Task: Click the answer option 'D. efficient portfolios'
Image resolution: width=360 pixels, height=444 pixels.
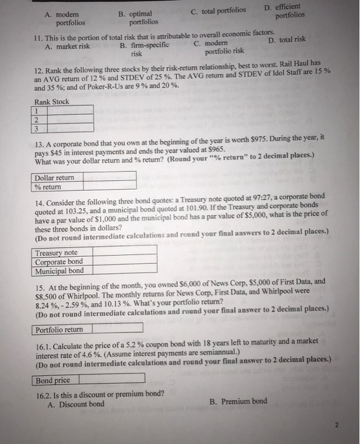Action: coord(291,10)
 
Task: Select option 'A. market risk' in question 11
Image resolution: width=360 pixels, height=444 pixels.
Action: coord(67,46)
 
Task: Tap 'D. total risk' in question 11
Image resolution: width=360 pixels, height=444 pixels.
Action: coord(287,39)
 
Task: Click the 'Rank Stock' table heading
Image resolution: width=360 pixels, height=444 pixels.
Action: coord(52,101)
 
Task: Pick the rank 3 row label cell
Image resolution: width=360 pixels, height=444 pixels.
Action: coord(37,127)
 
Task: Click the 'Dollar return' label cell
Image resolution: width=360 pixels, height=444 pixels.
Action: coord(55,178)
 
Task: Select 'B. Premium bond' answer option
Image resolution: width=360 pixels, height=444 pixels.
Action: coord(238,401)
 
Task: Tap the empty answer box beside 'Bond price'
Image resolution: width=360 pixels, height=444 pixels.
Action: coord(108,379)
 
